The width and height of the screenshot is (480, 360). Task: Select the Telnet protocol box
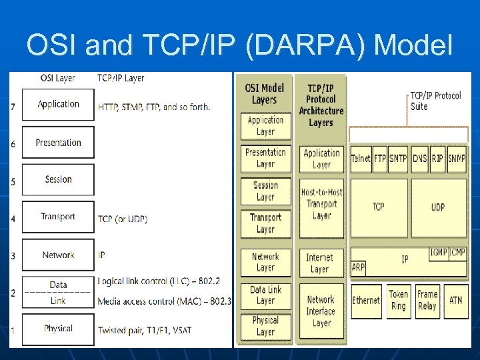pos(361,159)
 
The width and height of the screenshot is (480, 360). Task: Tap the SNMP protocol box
pos(457,159)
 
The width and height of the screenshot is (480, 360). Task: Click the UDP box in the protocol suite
pos(438,207)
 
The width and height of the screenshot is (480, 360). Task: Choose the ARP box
pos(358,268)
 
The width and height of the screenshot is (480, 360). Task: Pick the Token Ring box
pos(398,300)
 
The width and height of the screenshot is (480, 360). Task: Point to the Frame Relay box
pos(427,300)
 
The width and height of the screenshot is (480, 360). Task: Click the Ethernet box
pos(366,301)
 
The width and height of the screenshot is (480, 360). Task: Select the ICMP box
pos(458,253)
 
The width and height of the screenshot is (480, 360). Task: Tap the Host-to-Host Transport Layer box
pos(321,203)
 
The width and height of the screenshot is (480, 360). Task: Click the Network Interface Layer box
pos(321,311)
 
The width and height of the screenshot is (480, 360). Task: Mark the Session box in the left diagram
pos(58,179)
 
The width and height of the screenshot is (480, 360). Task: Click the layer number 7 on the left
pos(13,106)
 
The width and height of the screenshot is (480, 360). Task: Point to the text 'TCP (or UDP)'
pos(123,219)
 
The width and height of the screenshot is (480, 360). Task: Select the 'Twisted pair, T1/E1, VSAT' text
pos(145,330)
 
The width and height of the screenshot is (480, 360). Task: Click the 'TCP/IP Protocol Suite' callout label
pos(435,101)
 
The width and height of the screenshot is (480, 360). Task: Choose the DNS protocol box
pos(419,159)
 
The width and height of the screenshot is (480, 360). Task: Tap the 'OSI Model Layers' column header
pos(265,93)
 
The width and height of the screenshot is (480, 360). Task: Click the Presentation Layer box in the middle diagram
pos(265,158)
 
